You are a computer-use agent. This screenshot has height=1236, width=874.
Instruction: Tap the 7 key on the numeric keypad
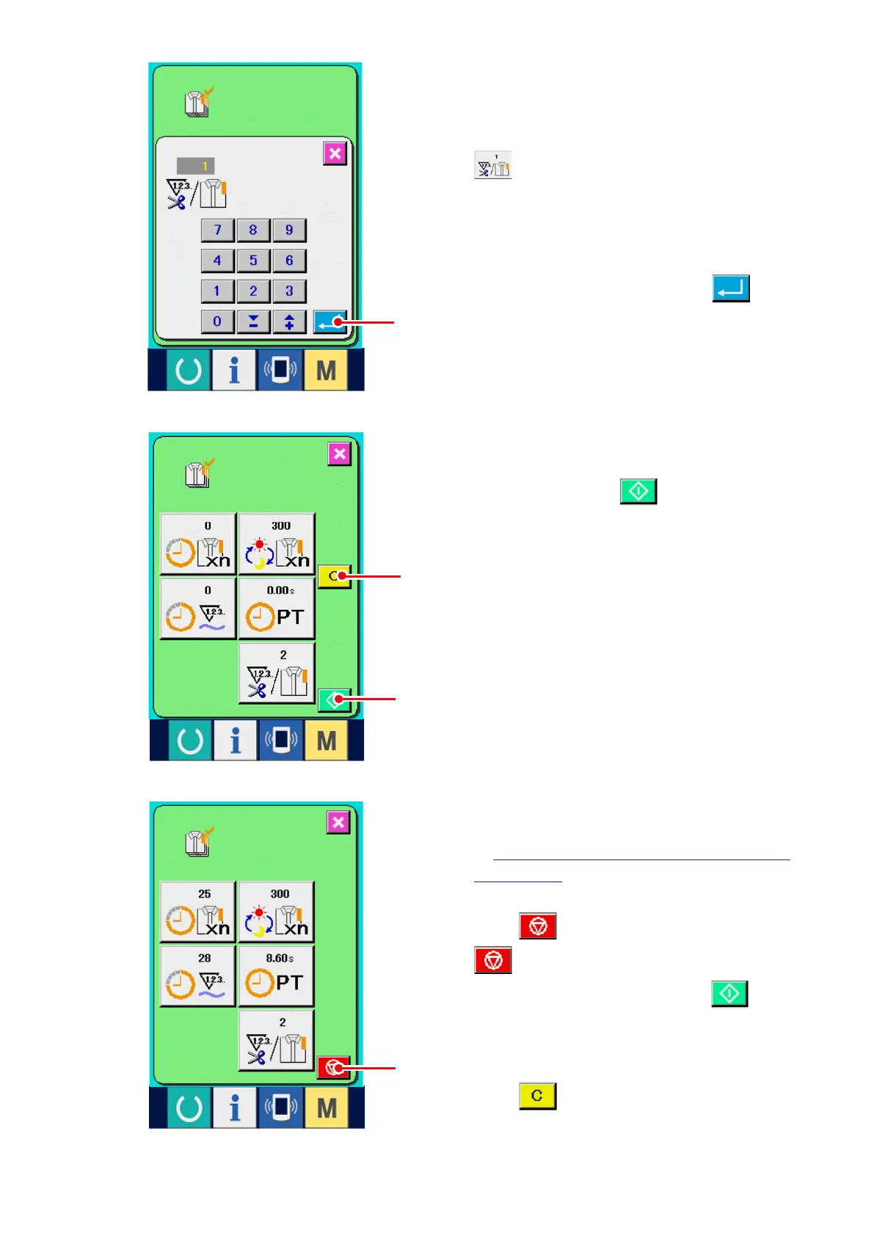tap(217, 230)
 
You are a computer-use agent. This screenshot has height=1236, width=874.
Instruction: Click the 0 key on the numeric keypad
tap(217, 321)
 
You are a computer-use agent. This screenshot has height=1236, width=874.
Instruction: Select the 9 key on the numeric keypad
tap(289, 230)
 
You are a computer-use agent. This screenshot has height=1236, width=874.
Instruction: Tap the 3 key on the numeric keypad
tap(289, 291)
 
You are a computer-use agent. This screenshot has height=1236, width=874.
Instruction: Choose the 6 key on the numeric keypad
tap(289, 261)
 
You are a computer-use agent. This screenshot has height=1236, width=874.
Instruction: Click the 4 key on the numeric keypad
tap(217, 261)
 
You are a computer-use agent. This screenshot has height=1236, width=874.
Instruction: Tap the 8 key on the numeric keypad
tap(253, 230)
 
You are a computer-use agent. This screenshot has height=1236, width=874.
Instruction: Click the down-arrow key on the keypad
tap(253, 321)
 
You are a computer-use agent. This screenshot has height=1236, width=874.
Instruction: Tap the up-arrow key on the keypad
tap(289, 321)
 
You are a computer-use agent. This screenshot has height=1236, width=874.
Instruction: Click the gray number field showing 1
tap(195, 166)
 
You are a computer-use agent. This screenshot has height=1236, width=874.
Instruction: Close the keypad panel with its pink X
tap(335, 153)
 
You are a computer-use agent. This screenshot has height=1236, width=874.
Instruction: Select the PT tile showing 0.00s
tap(276, 608)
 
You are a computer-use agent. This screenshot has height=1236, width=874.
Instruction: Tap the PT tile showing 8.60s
tap(276, 975)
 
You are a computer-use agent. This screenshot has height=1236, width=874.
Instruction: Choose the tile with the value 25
tap(197, 912)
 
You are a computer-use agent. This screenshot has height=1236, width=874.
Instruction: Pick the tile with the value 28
tap(197, 975)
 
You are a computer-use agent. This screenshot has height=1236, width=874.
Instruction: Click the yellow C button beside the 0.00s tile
tap(334, 576)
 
